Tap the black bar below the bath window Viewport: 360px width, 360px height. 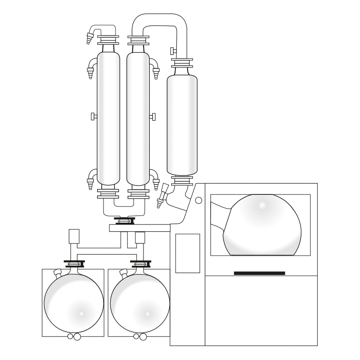point(259,273)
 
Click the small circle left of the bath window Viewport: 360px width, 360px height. point(199,200)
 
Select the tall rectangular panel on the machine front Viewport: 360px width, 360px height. point(187,253)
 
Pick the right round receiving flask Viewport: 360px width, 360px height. point(139,301)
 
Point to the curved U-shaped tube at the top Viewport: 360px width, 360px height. point(160,22)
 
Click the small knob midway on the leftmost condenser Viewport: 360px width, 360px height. point(93,117)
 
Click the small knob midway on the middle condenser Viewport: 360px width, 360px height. point(153,117)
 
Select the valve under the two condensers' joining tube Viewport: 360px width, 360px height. point(123,220)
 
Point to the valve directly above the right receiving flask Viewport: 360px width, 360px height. point(139,264)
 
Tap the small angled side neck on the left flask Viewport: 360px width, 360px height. point(57,273)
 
